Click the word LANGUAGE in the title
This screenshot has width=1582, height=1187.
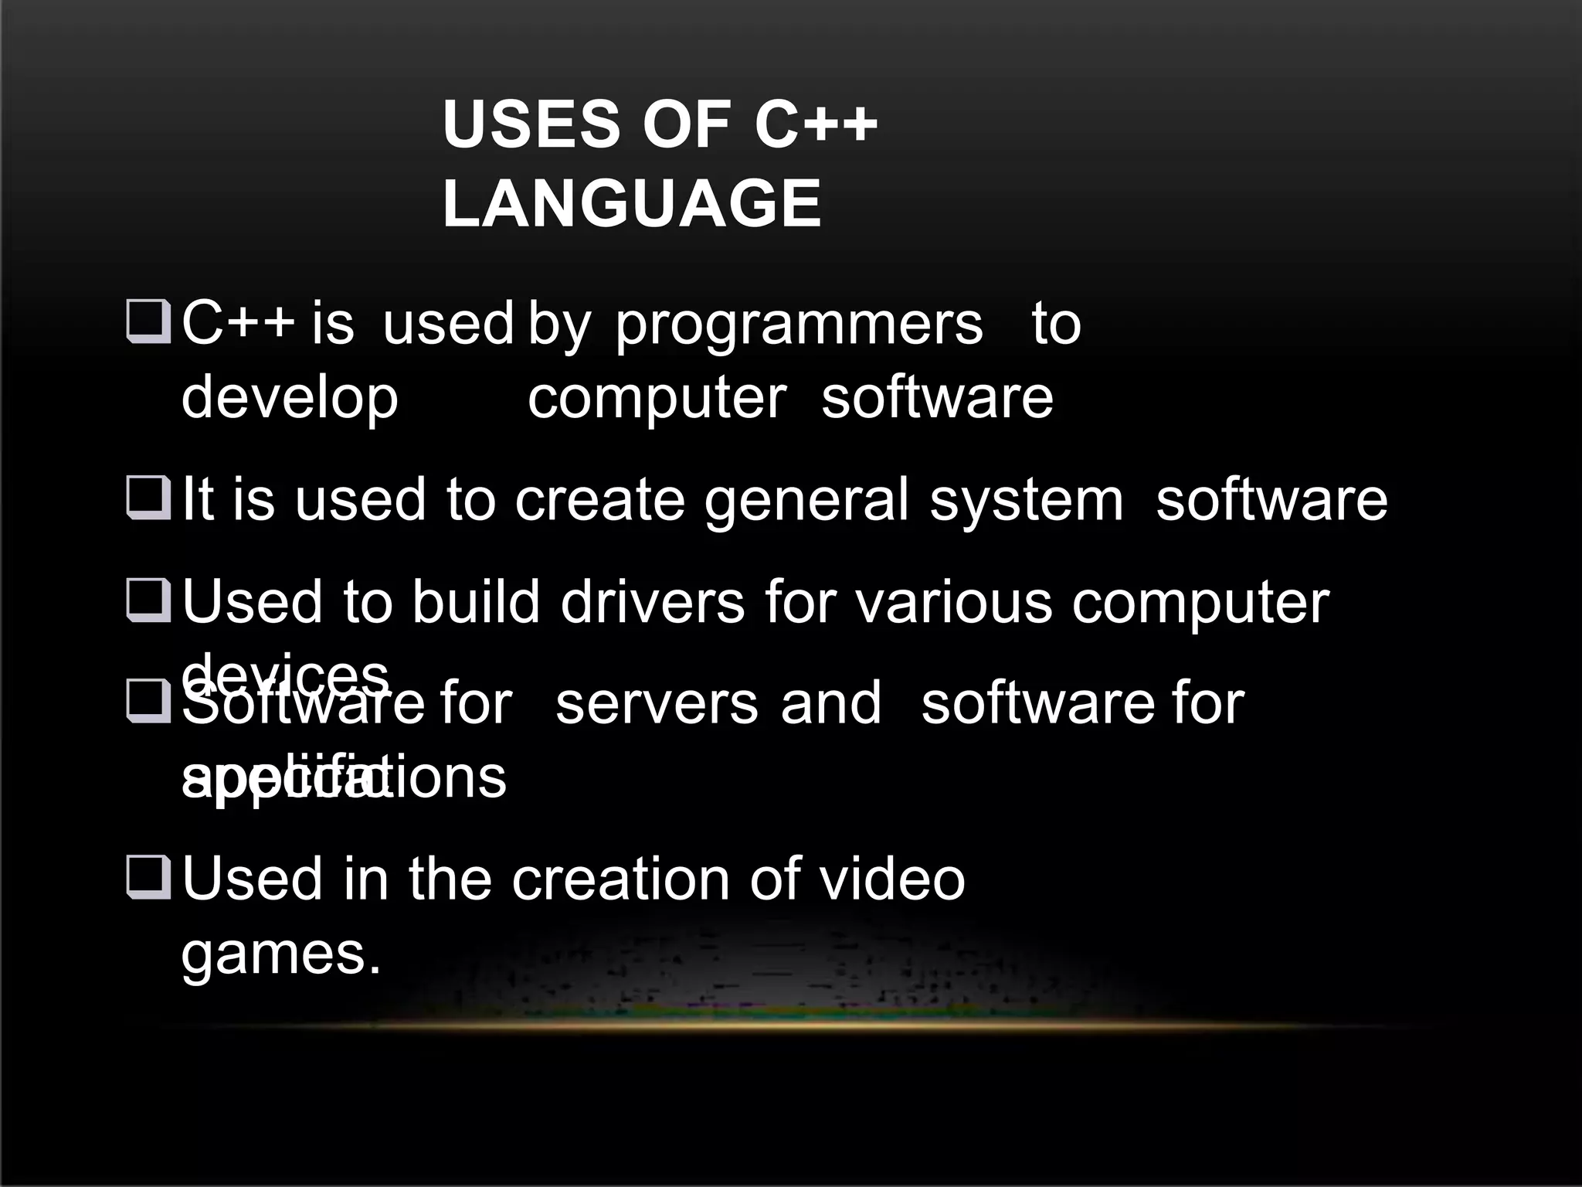pyautogui.click(x=632, y=203)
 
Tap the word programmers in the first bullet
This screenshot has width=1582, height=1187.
pyautogui.click(x=799, y=325)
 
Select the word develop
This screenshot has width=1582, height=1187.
pyautogui.click(x=290, y=399)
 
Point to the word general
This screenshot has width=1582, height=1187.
pyautogui.click(x=806, y=499)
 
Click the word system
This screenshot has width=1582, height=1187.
pyautogui.click(x=1027, y=501)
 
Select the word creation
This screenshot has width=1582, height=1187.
pyautogui.click(x=620, y=879)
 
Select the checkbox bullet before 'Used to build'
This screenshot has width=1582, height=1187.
pyautogui.click(x=148, y=600)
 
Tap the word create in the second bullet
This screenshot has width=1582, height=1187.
pyautogui.click(x=599, y=499)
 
